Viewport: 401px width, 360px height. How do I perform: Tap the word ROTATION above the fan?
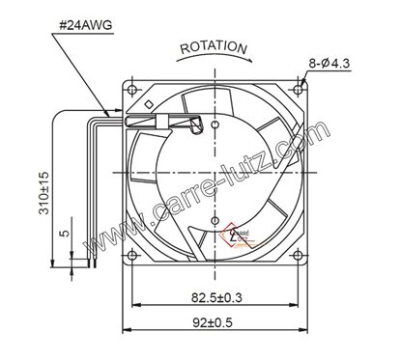click(x=215, y=47)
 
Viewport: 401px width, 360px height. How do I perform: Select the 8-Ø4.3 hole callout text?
click(x=331, y=65)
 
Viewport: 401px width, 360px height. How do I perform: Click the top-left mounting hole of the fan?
click(x=127, y=88)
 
